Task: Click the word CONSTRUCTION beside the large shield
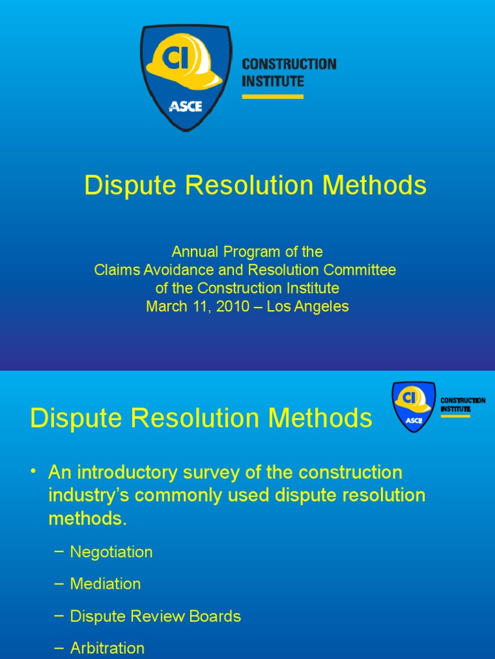coord(289,64)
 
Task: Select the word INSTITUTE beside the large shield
coord(273,82)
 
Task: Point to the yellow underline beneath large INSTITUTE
coord(273,97)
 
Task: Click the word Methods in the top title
coord(374,186)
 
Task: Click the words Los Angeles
coord(308,306)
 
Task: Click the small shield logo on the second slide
coord(413,407)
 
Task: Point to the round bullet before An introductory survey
coord(34,472)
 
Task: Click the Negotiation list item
coord(111,552)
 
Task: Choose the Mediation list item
coord(105,584)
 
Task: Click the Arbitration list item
coord(107,648)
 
